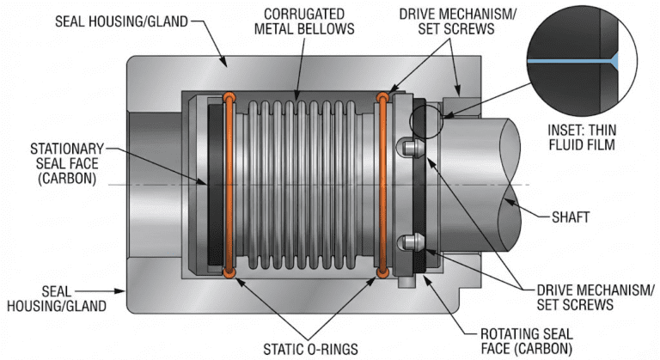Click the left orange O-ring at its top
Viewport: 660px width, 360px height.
[229, 96]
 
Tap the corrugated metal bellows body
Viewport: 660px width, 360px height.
[305, 185]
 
